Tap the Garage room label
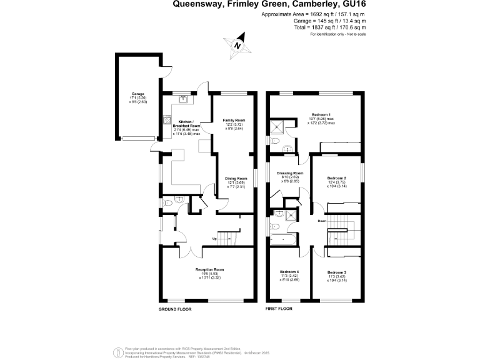[129, 94]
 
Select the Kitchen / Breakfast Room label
[186, 122]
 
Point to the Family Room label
[234, 119]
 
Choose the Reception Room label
[209, 269]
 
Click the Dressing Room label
[291, 173]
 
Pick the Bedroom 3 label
[336, 272]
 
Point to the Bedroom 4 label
[289, 272]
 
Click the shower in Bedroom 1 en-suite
[278, 129]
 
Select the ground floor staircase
[231, 237]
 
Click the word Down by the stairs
[321, 221]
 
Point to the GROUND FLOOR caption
[175, 309]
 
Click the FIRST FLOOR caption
[279, 309]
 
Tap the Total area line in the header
[330, 27]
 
